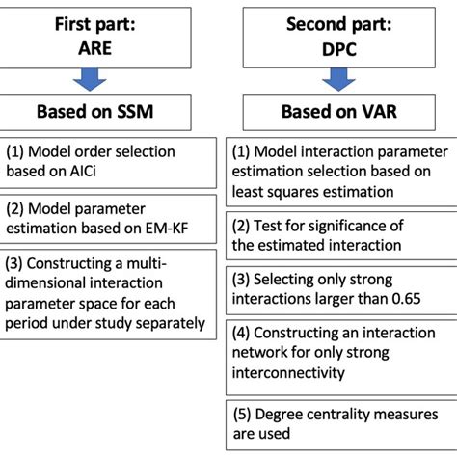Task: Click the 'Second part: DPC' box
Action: pyautogui.click(x=339, y=40)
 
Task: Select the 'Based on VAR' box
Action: pyautogui.click(x=339, y=110)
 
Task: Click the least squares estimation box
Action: pyautogui.click(x=339, y=170)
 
